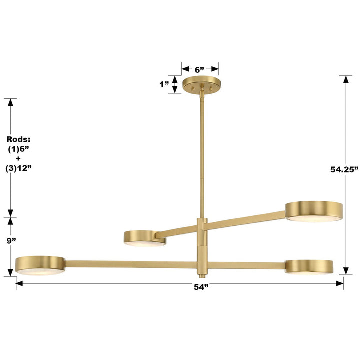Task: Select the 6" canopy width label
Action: tap(200, 69)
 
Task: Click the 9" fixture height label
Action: tap(11, 241)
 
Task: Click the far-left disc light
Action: tap(40, 264)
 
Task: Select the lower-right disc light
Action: tap(309, 266)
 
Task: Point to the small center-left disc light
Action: tap(145, 238)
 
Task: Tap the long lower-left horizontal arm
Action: tap(130, 263)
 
